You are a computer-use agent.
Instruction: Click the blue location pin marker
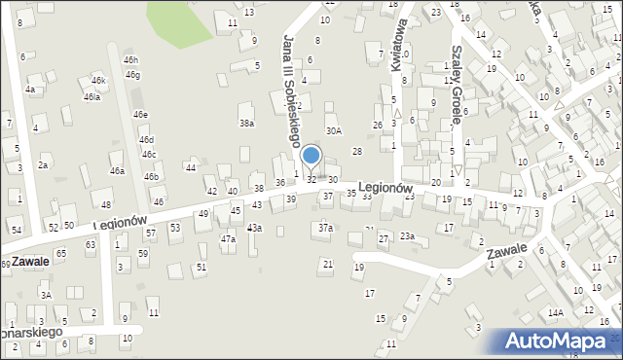(311, 156)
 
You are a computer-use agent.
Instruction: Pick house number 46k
(97, 80)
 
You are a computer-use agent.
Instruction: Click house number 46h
(130, 60)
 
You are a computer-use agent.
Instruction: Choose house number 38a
(247, 124)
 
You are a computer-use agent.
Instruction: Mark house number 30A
(334, 130)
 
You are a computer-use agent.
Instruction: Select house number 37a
(325, 228)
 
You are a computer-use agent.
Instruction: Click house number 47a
(228, 238)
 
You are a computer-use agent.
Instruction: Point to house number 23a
(407, 236)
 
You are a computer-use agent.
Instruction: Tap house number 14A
(555, 313)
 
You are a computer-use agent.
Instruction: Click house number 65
(60, 253)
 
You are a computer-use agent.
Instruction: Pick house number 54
(17, 230)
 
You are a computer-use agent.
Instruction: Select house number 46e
(141, 115)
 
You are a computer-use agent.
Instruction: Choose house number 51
(202, 267)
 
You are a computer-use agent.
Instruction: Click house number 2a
(43, 165)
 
